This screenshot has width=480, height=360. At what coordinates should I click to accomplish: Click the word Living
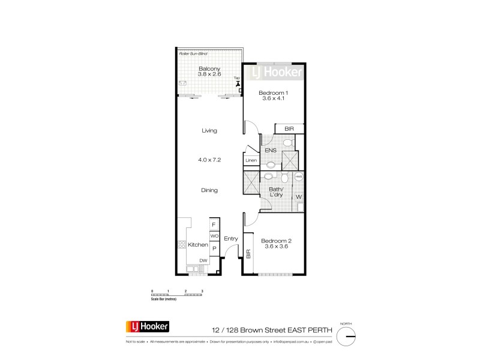pos(209,130)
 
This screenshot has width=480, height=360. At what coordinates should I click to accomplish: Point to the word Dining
pos(209,190)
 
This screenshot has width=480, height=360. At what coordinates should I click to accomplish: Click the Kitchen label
pos(197,245)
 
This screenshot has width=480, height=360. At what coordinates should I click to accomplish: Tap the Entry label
pos(231,239)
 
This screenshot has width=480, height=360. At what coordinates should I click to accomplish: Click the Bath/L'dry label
pos(277,192)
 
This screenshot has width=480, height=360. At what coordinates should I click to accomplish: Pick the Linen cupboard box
pos(251,161)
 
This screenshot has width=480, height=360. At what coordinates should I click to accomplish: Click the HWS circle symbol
pos(298,178)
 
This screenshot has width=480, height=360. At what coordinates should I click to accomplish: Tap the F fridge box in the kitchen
pos(214,225)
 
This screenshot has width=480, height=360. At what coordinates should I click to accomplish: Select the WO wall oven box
pos(214,236)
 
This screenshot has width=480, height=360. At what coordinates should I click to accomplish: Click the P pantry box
pos(214,248)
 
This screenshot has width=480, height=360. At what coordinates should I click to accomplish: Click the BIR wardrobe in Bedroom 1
pos(289,129)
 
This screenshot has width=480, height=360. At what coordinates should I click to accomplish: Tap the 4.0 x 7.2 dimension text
pos(209,160)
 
